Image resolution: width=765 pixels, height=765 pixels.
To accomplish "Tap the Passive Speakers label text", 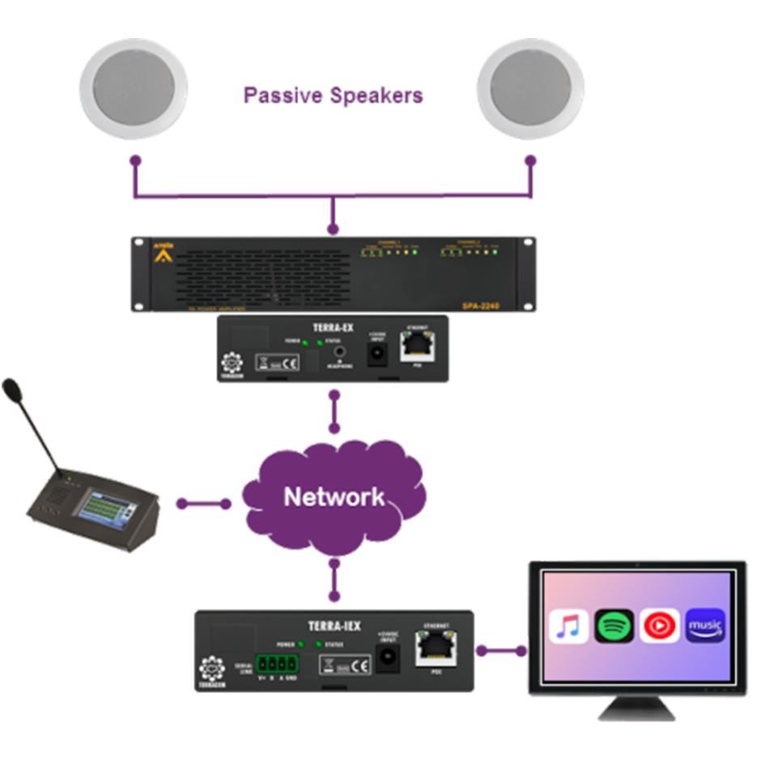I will pos(334,96).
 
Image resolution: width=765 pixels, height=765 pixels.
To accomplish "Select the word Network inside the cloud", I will pos(334,495).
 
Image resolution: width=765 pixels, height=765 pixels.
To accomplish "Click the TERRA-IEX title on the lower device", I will pos(334,626).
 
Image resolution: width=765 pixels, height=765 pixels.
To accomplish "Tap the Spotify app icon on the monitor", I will pos(614,627).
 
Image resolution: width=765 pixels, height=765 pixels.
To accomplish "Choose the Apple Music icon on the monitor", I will pos(569,627).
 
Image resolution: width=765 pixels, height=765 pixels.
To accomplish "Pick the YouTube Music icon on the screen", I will pos(660,627).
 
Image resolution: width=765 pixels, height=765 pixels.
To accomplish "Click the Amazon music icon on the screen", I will pos(705,627).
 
